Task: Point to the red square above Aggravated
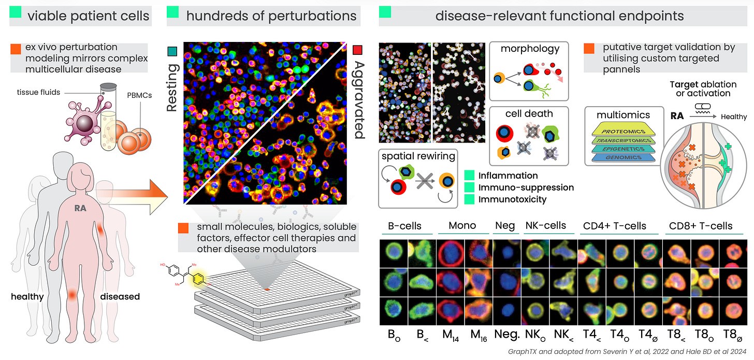click(x=357, y=50)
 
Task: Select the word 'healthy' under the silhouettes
click(x=27, y=297)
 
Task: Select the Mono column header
click(x=463, y=226)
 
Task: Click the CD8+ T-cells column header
click(x=700, y=226)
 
